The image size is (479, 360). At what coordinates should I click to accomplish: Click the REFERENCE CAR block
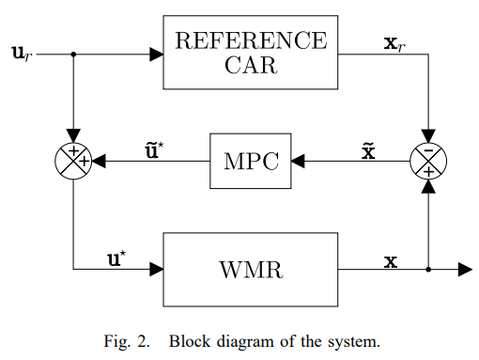click(251, 53)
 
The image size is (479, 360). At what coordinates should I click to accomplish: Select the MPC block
click(251, 161)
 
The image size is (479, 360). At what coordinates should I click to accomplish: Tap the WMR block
click(251, 270)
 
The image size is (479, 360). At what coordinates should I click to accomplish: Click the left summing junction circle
click(73, 161)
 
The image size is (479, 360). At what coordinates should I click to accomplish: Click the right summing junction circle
click(428, 161)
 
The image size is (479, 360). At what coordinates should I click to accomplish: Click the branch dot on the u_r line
click(73, 54)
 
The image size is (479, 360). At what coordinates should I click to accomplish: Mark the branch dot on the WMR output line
click(428, 270)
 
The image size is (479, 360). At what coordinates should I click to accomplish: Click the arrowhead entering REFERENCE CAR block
click(156, 54)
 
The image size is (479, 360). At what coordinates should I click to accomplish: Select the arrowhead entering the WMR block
click(156, 270)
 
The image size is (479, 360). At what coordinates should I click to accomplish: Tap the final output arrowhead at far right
click(464, 270)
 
